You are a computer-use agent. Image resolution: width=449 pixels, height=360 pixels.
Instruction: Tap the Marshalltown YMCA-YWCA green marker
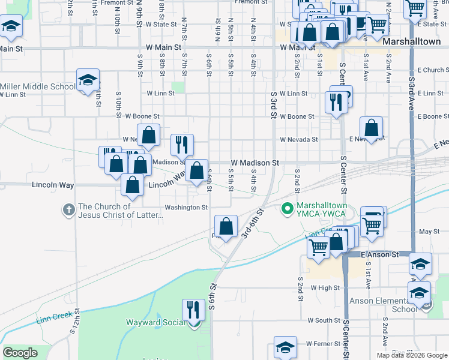(288, 208)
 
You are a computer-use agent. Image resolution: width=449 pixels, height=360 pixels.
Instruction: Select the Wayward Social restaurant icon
(193, 310)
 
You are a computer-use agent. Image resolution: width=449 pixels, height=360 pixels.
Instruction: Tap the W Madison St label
(255, 163)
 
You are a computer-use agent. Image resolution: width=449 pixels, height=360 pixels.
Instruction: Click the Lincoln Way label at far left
(53, 185)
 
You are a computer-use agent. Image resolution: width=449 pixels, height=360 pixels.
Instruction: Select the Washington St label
(186, 208)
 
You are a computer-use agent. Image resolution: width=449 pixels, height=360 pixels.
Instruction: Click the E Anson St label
(380, 254)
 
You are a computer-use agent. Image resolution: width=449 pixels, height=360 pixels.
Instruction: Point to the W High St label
(325, 288)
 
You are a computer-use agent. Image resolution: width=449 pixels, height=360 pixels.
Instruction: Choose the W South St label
(325, 320)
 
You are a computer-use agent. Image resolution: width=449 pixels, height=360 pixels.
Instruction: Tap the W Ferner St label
(324, 344)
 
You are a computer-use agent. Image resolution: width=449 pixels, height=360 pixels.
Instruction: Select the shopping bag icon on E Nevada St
(372, 128)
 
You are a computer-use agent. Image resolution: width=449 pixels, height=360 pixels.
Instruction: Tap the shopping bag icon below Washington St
(226, 227)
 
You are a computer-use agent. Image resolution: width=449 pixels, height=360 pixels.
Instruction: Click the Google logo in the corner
(20, 353)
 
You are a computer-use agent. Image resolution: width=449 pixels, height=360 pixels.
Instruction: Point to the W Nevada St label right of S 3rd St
(298, 139)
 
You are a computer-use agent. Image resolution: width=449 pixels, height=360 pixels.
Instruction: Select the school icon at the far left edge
(11, 26)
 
